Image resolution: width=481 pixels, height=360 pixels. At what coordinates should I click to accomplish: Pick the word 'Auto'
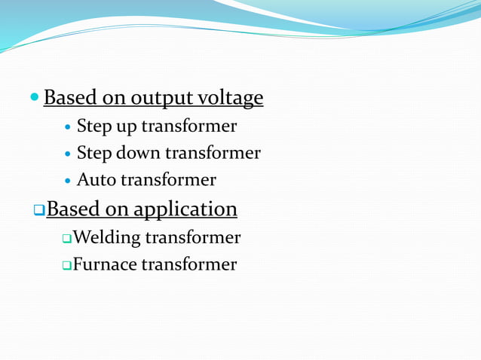point(97,180)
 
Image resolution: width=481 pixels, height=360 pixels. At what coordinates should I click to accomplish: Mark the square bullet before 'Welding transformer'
point(66,239)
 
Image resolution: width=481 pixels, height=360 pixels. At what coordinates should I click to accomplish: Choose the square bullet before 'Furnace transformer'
point(66,265)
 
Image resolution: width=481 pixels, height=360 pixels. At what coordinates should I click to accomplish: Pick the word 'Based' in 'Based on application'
point(72,209)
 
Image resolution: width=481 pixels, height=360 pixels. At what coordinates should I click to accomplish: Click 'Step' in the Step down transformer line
point(94,153)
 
